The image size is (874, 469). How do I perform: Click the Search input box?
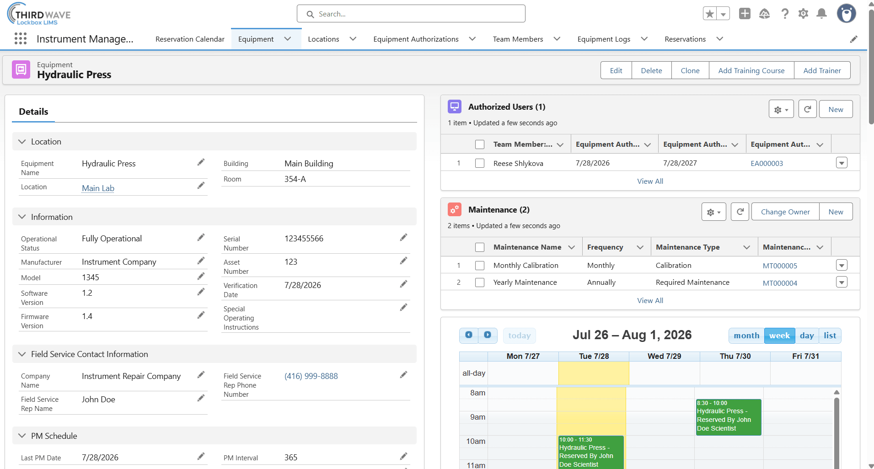point(411,14)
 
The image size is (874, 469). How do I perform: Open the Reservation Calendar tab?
point(190,39)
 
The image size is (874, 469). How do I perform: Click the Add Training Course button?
point(751,70)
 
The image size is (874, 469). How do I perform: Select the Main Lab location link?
point(98,188)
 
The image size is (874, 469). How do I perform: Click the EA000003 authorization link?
point(767,164)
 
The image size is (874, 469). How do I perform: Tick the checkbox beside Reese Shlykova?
point(480,163)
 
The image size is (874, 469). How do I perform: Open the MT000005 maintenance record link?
point(780,266)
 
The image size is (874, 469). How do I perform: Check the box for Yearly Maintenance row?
point(480,282)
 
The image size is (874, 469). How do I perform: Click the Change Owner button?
point(785,212)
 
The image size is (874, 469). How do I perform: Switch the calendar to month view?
point(746,336)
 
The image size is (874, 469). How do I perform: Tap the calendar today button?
point(520,336)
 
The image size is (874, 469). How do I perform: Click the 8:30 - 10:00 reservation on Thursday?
point(729,417)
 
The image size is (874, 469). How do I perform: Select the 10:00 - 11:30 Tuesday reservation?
point(591,452)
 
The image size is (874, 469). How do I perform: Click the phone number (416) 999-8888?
point(311,376)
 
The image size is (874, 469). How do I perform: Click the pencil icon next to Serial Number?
point(403,237)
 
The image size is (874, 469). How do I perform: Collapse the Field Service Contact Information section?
point(22,354)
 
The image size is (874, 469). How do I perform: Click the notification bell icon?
point(821,14)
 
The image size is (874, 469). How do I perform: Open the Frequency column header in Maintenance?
point(605,247)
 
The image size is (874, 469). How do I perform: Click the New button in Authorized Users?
point(836,109)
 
